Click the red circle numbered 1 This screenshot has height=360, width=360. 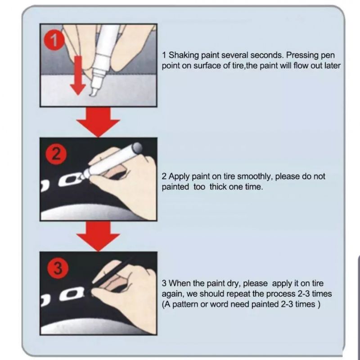[54, 40]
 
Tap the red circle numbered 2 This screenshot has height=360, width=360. [57, 154]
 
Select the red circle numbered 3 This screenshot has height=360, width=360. [58, 268]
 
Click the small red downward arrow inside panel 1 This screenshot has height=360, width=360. [78, 75]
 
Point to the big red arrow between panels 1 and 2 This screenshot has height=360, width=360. [98, 122]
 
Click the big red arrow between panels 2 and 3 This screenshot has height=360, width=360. [98, 236]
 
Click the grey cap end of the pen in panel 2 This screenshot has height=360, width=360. [137, 148]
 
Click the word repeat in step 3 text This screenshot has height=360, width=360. [239, 294]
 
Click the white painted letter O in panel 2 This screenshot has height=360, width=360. [69, 180]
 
